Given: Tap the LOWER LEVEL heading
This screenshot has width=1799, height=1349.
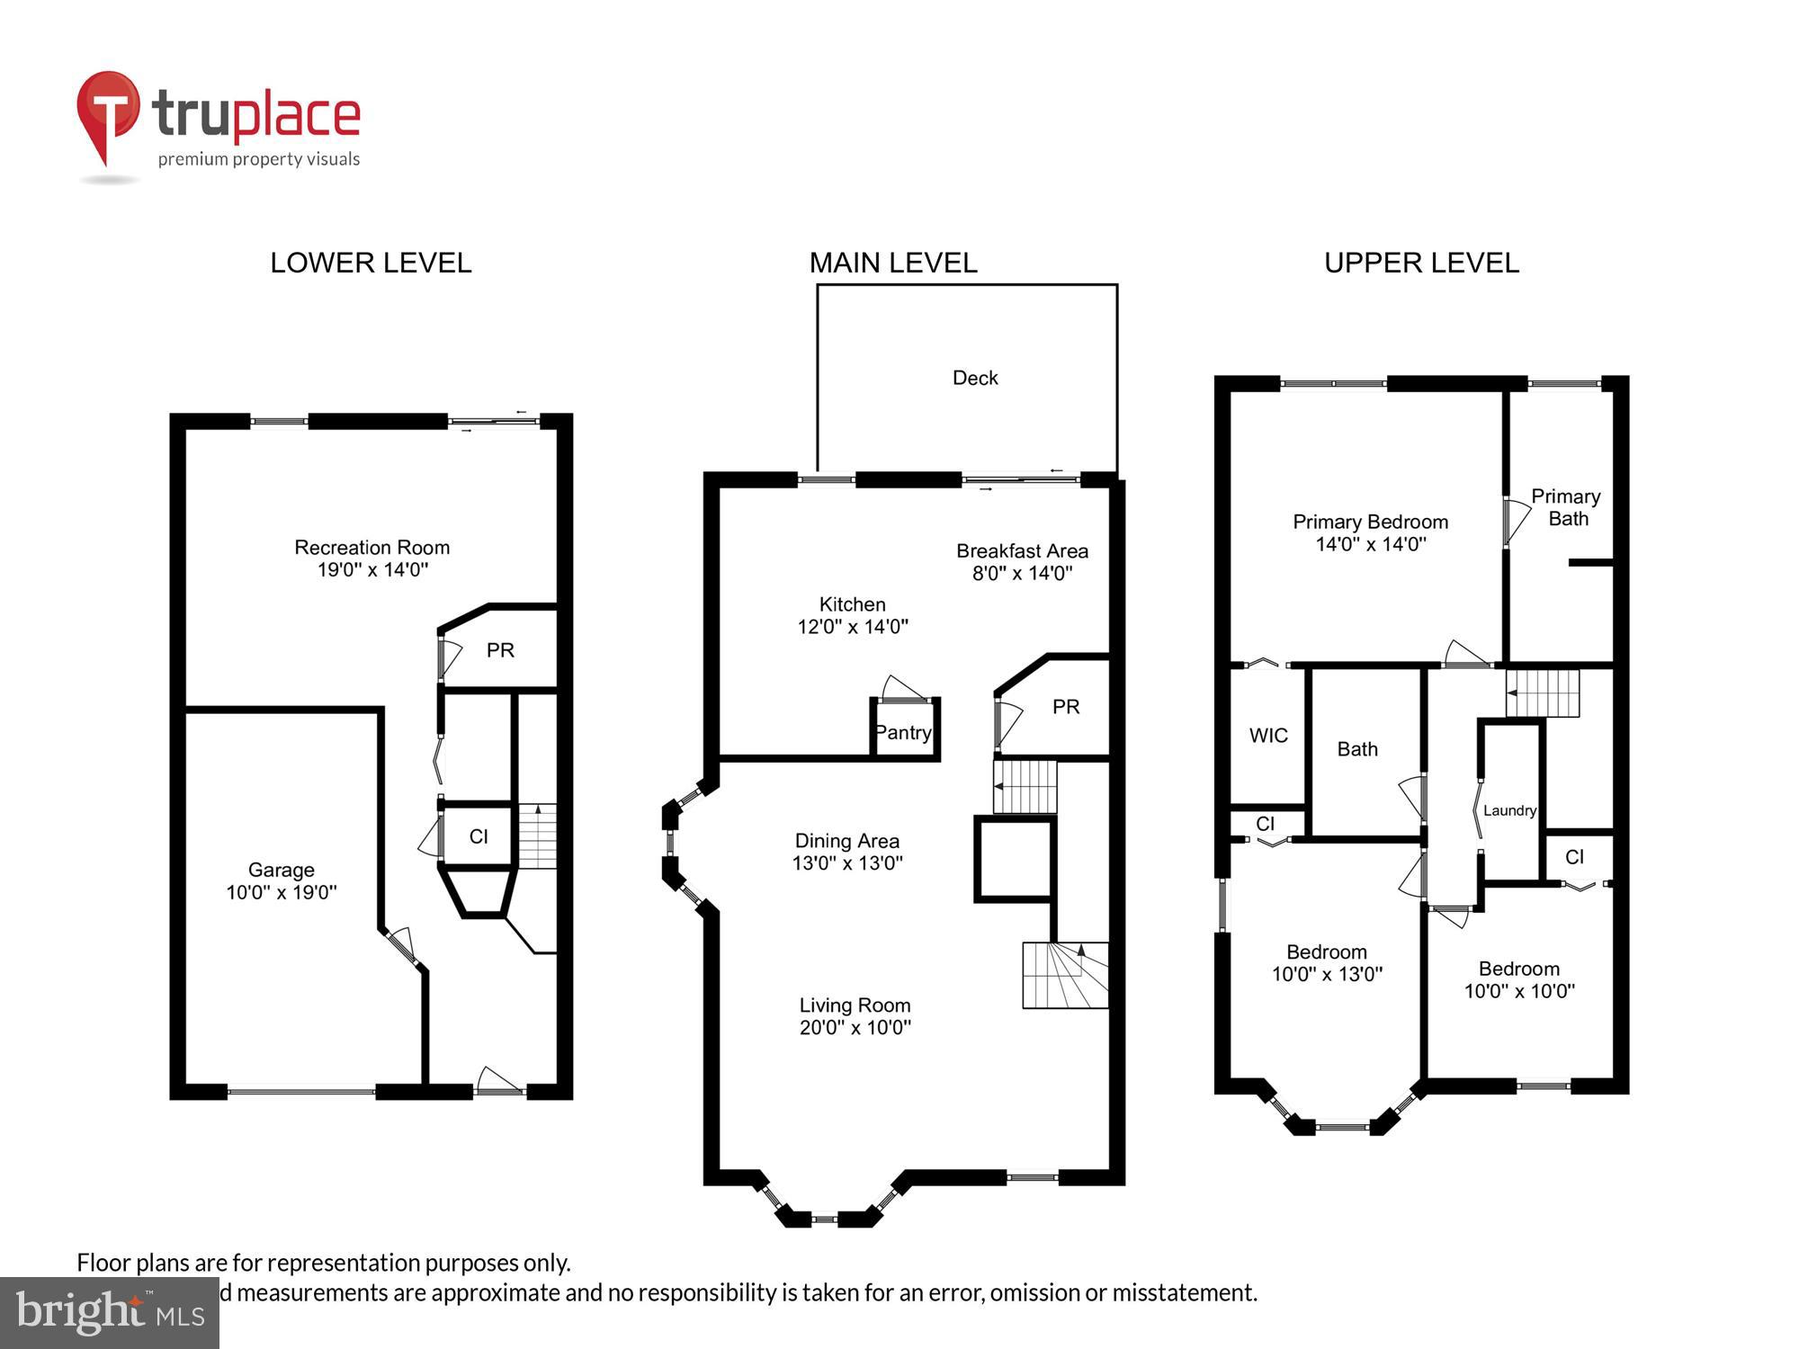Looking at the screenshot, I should click(371, 263).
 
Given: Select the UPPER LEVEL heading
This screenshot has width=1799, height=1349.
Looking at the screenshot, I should click(1421, 263).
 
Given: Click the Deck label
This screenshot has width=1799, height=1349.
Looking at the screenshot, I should click(975, 378).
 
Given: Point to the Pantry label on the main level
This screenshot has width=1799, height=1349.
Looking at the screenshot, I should click(903, 732).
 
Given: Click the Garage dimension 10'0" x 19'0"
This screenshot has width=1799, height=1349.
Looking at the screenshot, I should click(282, 892).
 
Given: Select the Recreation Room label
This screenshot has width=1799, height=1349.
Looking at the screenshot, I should click(371, 547).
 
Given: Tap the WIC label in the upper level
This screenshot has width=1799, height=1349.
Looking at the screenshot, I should click(1268, 736).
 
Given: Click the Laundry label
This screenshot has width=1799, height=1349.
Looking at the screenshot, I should click(1509, 810).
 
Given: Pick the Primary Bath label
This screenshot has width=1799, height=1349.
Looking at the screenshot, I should click(1566, 507).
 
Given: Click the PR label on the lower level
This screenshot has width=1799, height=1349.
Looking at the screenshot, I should click(500, 650).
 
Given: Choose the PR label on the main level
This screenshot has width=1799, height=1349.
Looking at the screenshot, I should click(1066, 707).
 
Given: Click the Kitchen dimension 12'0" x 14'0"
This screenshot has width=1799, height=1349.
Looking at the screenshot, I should click(853, 627).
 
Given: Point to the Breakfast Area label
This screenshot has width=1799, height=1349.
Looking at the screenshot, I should click(1022, 550).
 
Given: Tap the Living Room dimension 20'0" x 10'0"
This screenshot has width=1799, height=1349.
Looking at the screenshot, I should click(855, 1027).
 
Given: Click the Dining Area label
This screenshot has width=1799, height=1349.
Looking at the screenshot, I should click(846, 841).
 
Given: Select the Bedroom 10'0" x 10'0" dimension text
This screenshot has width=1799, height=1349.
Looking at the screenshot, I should click(1519, 991).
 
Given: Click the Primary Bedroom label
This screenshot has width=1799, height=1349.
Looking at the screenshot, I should click(1370, 522).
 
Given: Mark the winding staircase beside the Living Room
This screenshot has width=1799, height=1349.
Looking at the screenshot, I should click(1065, 975).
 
